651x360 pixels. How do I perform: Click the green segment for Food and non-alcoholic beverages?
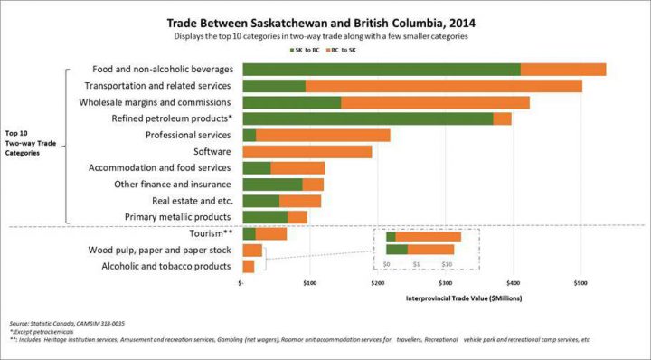click(x=381, y=70)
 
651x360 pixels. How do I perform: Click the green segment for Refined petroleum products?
click(x=367, y=118)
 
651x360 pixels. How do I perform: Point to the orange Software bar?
click(x=307, y=152)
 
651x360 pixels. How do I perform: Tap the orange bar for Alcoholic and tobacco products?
click(x=249, y=266)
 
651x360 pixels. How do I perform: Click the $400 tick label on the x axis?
click(x=513, y=282)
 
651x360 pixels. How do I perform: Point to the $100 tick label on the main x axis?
click(x=309, y=282)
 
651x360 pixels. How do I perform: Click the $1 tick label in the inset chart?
click(x=416, y=264)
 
